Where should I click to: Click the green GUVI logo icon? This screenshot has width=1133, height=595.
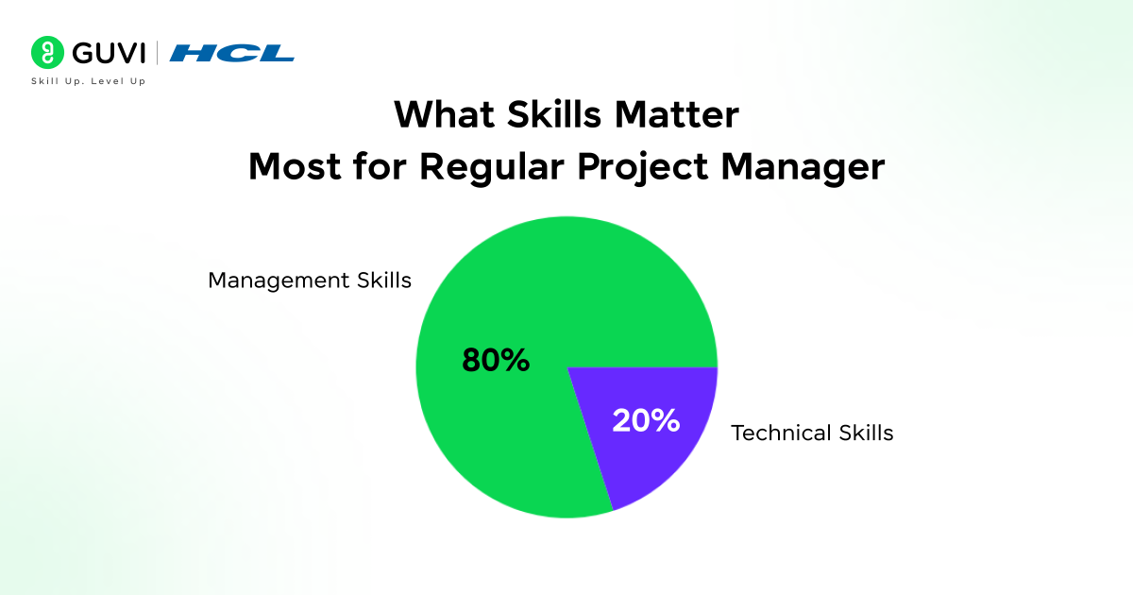pos(46,52)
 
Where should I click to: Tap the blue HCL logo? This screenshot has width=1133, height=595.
pos(232,53)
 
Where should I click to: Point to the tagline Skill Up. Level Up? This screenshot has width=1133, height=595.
pos(88,82)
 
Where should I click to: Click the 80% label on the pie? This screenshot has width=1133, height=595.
pos(496,360)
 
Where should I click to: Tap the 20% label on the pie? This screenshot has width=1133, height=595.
pos(646,420)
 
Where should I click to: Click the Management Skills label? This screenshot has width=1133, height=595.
pos(310,280)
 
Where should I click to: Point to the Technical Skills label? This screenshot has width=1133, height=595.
pos(812,433)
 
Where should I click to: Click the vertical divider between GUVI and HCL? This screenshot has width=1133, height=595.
pos(157,53)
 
